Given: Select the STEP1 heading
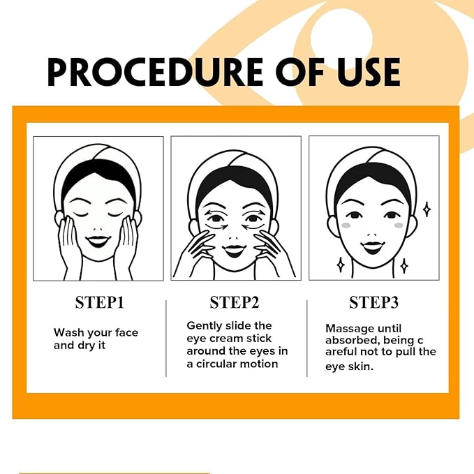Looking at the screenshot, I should coord(99,302).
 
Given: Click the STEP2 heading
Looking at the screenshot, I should coord(235,302).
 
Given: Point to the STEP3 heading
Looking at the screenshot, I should coord(373,302).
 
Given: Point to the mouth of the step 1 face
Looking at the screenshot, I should coord(98,242).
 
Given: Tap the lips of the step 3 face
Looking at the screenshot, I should coord(373,247).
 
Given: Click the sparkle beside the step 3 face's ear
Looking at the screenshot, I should coord(427,208).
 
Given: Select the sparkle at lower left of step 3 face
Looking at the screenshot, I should coord(341,265).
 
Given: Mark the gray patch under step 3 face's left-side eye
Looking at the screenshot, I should coord(347,225).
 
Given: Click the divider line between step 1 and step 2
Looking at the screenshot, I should coord(166,338).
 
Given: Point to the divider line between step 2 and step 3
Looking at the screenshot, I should coord(307,338).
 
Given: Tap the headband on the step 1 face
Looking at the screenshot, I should coord(98,157).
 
